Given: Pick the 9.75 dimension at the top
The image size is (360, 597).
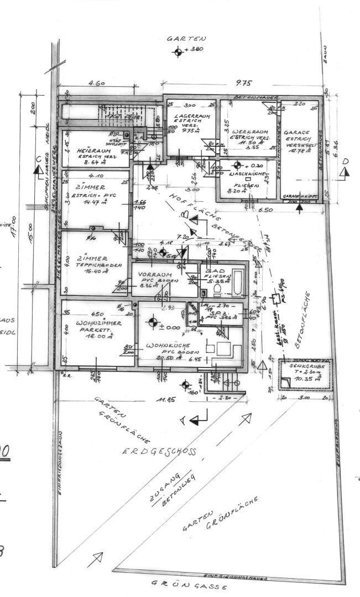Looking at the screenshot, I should pos(243,83).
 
